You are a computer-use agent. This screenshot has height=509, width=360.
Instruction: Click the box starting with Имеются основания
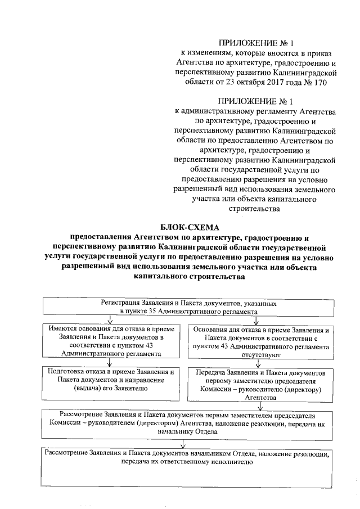point(106,341)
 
